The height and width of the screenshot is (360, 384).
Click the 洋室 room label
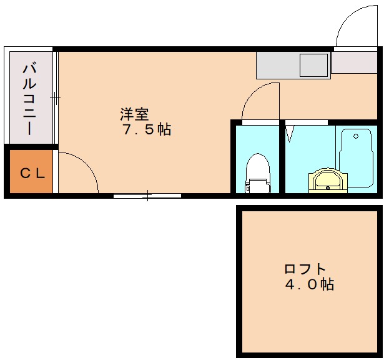point(134,114)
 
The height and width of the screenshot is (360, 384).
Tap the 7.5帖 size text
point(147,130)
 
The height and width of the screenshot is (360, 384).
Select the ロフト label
point(305,269)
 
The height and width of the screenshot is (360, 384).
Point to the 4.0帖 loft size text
point(310,285)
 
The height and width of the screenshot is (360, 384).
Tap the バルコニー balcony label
point(29,99)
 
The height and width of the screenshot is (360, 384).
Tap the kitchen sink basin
point(313,64)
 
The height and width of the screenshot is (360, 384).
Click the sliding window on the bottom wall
point(147,196)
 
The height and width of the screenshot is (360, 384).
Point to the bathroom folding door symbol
point(290,133)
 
